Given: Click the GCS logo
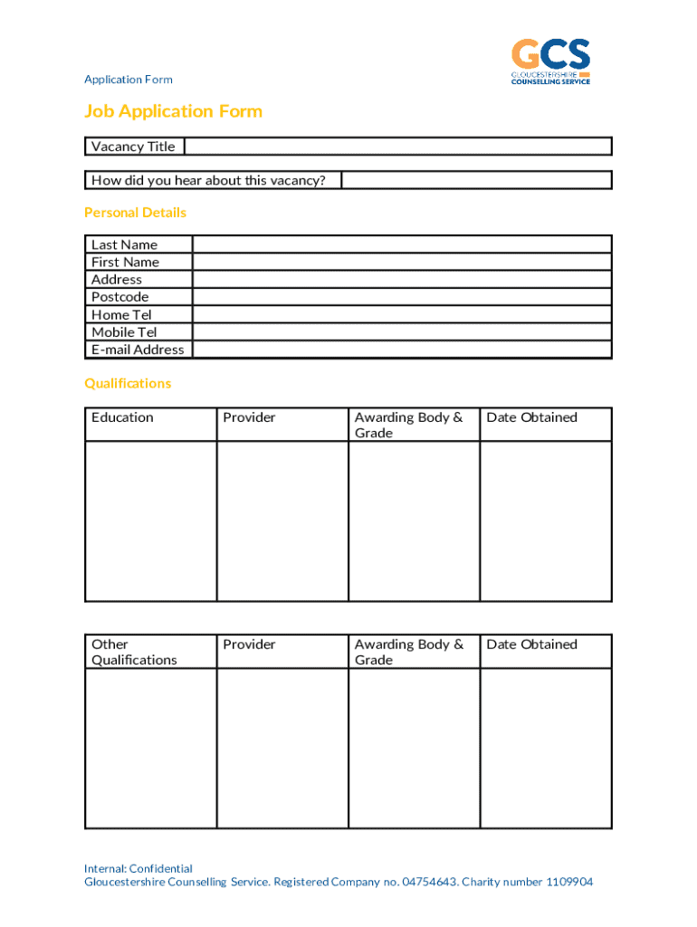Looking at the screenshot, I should [550, 61].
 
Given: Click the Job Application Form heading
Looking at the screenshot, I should [173, 111].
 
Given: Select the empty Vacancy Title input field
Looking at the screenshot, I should [398, 147].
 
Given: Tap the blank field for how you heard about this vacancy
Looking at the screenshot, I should [476, 180].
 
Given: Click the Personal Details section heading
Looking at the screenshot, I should [135, 213].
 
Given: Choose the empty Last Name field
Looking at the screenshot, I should [402, 244].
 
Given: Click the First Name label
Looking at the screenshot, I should [125, 263].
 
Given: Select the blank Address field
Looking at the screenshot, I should [402, 280].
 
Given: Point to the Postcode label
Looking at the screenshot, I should [119, 297].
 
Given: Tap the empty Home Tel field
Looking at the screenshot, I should [402, 315].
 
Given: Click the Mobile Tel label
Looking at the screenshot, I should [124, 332].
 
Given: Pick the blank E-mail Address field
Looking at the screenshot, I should [402, 349].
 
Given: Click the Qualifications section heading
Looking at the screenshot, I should [128, 384].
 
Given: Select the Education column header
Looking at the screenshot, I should [122, 417].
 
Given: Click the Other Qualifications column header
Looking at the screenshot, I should [134, 652].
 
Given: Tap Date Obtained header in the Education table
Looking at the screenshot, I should [531, 417].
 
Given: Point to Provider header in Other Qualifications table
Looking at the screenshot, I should [249, 645].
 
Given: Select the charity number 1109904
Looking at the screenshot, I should [569, 883].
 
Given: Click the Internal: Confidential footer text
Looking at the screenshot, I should [138, 869].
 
